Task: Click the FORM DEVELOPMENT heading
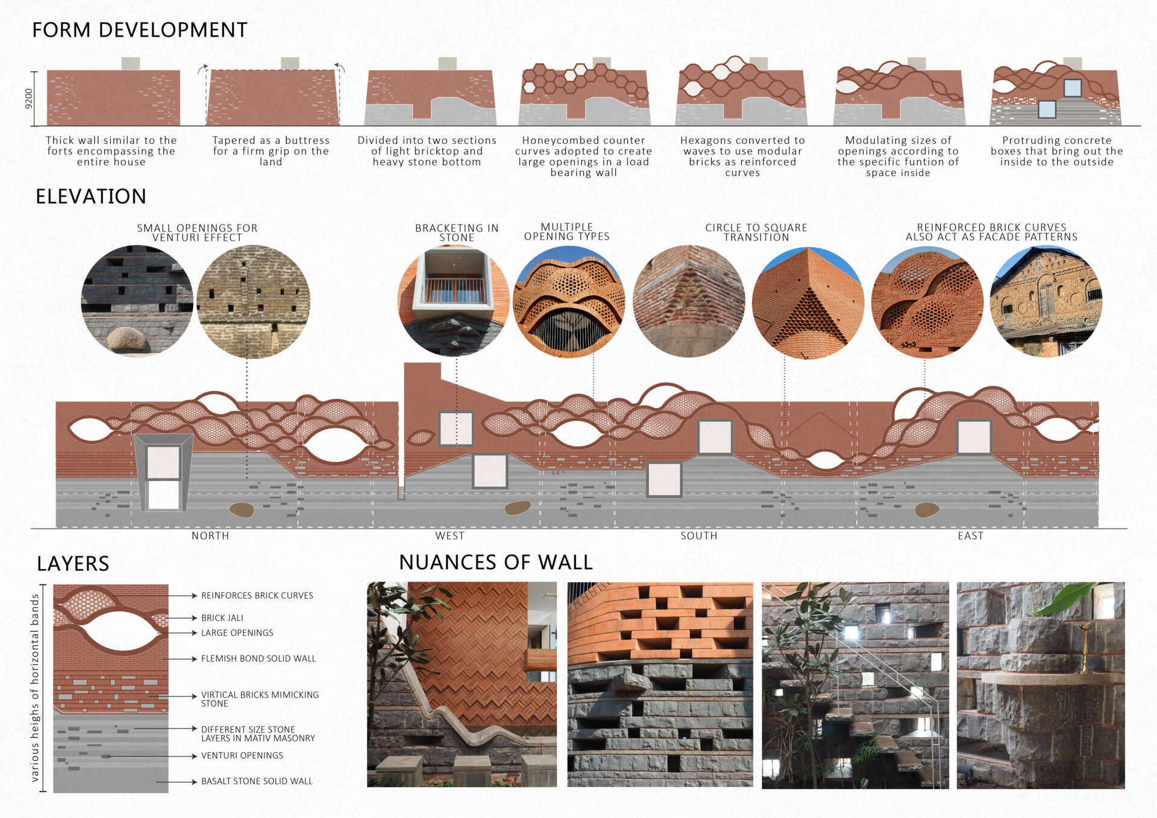click(x=139, y=30)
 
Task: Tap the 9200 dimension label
click(x=28, y=98)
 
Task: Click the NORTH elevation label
click(x=210, y=535)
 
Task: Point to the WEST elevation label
click(x=450, y=535)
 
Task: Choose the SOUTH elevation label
click(x=698, y=535)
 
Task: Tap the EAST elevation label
click(x=970, y=535)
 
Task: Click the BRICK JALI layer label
click(x=222, y=618)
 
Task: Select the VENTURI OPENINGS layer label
click(x=242, y=755)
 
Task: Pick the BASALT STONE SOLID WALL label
click(x=257, y=781)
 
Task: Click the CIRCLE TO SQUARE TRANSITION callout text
click(x=756, y=233)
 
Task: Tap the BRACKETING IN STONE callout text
click(x=457, y=233)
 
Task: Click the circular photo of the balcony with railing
click(x=454, y=299)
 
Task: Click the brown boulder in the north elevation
click(x=242, y=510)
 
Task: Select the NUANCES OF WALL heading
click(x=495, y=562)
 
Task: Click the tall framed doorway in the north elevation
click(x=163, y=473)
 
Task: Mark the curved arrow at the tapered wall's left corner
click(x=202, y=69)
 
